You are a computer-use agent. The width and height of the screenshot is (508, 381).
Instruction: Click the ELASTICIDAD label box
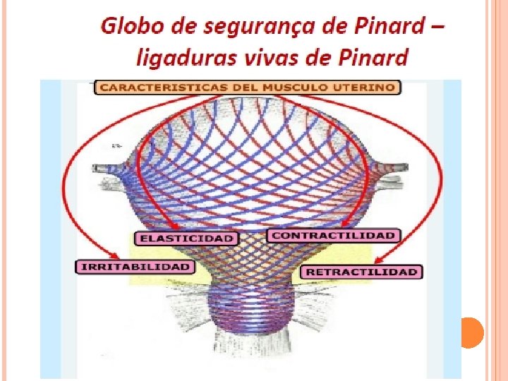[186, 238]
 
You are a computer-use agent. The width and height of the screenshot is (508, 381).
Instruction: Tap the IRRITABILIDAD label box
[134, 267]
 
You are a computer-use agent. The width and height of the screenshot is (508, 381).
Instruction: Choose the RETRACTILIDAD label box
[361, 272]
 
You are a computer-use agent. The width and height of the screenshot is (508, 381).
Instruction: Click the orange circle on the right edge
[470, 332]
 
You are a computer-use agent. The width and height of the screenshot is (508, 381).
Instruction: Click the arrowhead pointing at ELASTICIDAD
[181, 227]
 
